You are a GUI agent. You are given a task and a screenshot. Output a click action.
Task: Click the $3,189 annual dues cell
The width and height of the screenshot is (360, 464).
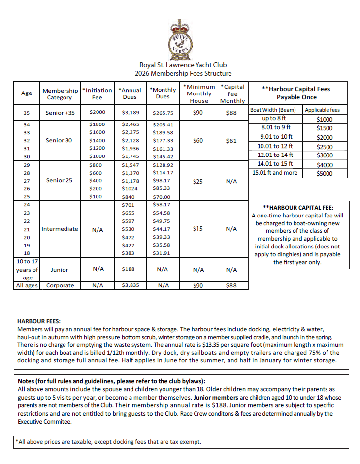click(x=130, y=113)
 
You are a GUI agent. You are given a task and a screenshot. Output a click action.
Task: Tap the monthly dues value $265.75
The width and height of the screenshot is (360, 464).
click(x=163, y=113)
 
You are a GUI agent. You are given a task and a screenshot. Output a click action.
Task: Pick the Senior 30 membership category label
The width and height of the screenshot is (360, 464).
click(x=59, y=140)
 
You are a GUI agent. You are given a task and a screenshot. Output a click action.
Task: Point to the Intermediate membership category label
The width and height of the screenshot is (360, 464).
click(x=59, y=229)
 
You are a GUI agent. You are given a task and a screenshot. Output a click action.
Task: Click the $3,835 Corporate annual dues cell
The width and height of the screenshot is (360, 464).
click(x=130, y=285)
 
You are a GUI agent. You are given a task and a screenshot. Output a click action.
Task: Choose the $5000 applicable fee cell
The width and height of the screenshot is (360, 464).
click(x=325, y=173)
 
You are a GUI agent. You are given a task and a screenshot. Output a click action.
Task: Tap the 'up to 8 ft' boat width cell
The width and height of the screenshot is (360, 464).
click(x=275, y=119)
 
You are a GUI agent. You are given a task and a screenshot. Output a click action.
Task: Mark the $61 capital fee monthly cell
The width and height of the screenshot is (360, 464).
click(x=232, y=141)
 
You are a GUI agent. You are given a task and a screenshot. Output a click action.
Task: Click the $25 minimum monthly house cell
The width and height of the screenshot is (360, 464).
click(x=198, y=181)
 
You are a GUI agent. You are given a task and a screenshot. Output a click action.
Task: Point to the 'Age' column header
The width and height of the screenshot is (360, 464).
click(x=27, y=93)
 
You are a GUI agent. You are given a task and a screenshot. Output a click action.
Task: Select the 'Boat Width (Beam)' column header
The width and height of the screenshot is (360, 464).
click(x=275, y=110)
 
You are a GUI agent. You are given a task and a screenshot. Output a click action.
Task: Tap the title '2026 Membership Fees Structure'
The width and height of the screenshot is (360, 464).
click(x=183, y=73)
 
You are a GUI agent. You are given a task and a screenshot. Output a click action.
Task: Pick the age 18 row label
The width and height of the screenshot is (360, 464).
click(x=27, y=253)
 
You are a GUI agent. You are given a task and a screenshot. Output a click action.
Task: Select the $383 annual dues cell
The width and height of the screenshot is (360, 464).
click(x=128, y=253)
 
